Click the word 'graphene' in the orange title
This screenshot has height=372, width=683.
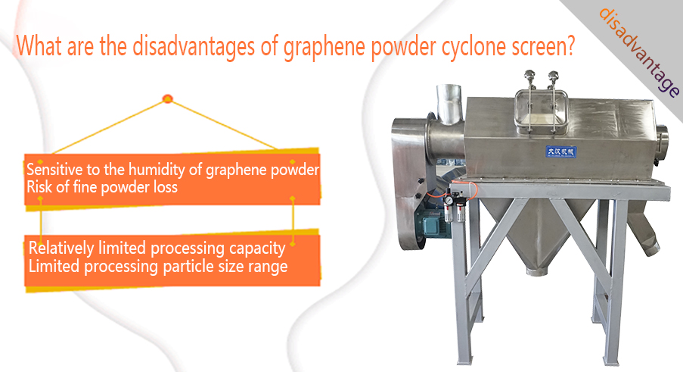tap(324, 47)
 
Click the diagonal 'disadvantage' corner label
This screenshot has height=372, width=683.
tap(638, 52)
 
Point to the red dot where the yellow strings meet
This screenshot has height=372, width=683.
tap(168, 99)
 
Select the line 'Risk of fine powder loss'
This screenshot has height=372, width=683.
tap(102, 188)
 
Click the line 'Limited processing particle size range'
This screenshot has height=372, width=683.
tap(157, 267)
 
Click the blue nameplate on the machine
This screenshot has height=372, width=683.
tap(561, 152)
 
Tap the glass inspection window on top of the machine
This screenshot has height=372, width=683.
tap(541, 111)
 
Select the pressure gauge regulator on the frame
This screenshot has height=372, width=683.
tap(453, 208)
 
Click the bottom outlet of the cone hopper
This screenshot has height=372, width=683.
tap(536, 270)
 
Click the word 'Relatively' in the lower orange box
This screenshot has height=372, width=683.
tap(61, 249)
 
